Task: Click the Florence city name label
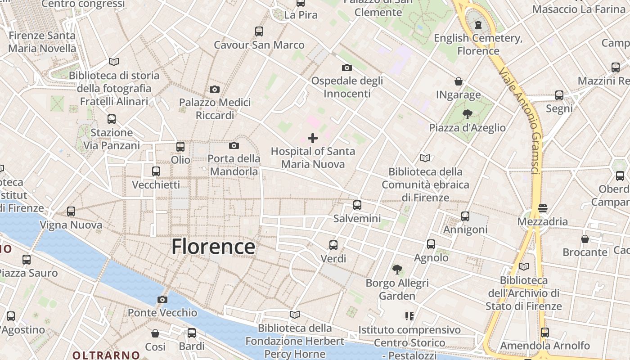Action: click(x=213, y=247)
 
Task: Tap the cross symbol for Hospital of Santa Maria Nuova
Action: click(x=313, y=138)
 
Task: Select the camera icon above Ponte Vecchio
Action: click(x=162, y=299)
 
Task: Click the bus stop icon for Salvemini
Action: click(x=357, y=205)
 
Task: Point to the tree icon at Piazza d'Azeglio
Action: click(x=468, y=114)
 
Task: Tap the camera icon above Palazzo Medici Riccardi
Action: click(x=215, y=89)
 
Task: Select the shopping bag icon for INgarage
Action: click(x=459, y=81)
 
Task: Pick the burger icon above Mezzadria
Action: click(x=542, y=208)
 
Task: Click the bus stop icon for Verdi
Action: click(x=333, y=245)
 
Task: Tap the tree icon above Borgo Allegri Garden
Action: click(x=397, y=270)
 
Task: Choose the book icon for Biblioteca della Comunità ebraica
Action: click(x=425, y=158)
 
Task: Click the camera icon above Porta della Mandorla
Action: click(x=234, y=145)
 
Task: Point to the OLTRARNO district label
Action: click(x=100, y=355)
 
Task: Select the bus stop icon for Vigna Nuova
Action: click(x=71, y=211)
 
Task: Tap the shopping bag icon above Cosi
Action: click(x=155, y=333)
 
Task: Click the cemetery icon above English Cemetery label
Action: click(x=478, y=24)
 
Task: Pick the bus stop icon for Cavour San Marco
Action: click(x=259, y=31)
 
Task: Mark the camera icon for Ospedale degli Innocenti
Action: click(x=347, y=67)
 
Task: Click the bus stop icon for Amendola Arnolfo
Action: click(x=545, y=332)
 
